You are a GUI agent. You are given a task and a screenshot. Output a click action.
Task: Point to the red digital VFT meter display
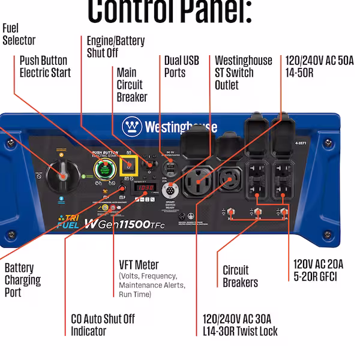point(144,188)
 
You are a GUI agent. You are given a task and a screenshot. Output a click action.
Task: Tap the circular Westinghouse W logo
point(132,126)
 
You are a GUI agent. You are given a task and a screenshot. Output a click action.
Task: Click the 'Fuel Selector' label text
point(19,34)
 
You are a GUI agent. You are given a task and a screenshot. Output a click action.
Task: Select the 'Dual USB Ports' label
point(181,67)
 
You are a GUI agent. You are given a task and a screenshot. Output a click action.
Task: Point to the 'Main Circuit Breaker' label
point(131,85)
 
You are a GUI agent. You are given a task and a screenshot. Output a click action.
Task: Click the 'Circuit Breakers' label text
point(240,276)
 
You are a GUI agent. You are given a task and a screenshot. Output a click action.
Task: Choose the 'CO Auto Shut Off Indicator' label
point(103,325)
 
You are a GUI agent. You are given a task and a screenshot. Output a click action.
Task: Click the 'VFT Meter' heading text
point(139,265)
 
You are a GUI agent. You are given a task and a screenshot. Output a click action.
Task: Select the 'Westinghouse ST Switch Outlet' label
point(243,73)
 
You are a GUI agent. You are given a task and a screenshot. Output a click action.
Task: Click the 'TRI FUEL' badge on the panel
point(67,222)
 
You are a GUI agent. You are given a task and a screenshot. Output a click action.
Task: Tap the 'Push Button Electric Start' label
point(45,67)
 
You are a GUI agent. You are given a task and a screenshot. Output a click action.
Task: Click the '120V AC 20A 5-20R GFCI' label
point(318,270)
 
